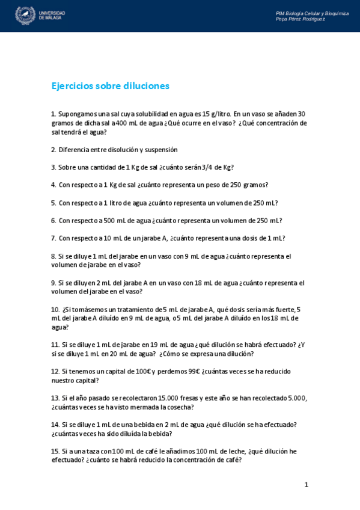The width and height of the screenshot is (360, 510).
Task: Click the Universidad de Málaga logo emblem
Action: pyautogui.click(x=25, y=15)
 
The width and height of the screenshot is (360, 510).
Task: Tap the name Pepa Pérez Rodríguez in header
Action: pyautogui.click(x=300, y=19)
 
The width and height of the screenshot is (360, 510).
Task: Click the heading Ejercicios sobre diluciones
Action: pyautogui.click(x=111, y=86)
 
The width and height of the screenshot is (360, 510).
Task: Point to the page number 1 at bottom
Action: pyautogui.click(x=306, y=485)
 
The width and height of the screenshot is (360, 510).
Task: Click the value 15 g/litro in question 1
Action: pyautogui.click(x=216, y=114)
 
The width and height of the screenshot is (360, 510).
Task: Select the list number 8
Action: pyautogui.click(x=53, y=256)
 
